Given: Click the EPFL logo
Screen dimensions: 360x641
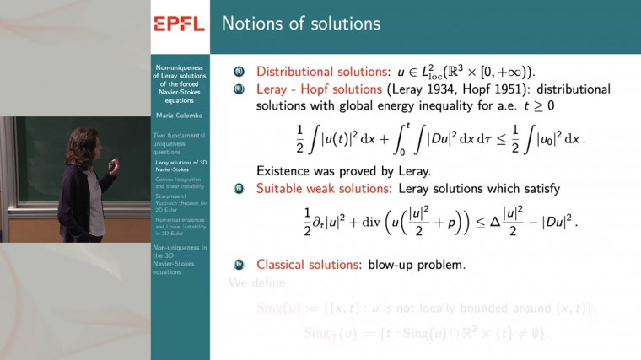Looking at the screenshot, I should (179, 23).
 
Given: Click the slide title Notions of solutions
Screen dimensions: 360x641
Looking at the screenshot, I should (300, 23).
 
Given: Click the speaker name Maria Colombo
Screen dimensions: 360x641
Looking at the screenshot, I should (179, 116).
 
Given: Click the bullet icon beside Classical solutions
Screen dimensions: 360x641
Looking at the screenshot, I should (238, 264).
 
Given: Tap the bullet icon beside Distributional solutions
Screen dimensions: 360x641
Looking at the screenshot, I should (238, 71).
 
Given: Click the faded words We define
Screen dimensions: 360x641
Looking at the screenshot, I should (257, 283).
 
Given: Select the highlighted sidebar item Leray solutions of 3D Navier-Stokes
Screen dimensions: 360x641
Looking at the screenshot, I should (179, 165).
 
